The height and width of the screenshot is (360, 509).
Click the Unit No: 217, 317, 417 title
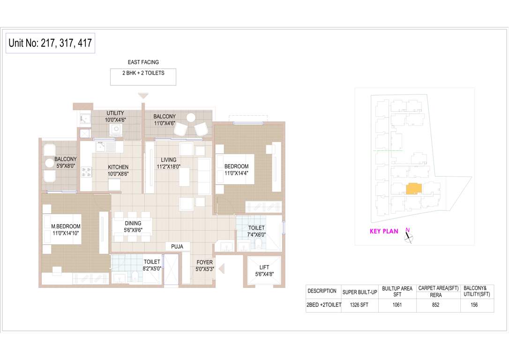tap(50, 44)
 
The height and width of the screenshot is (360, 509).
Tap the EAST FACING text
tap(143, 62)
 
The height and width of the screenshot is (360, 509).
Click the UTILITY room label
tap(115, 113)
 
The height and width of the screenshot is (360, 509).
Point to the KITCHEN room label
tap(118, 167)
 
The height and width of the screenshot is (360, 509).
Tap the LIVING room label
tap(168, 160)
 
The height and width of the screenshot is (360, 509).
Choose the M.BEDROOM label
tap(66, 226)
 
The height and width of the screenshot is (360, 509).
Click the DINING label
tap(133, 224)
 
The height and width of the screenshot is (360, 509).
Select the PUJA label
tap(177, 246)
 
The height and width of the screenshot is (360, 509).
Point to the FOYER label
tap(204, 262)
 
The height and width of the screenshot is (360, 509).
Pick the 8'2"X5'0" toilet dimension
tap(152, 269)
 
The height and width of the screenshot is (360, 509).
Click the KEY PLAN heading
tap(384, 231)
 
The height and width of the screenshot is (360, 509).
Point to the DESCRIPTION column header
tap(322, 291)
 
